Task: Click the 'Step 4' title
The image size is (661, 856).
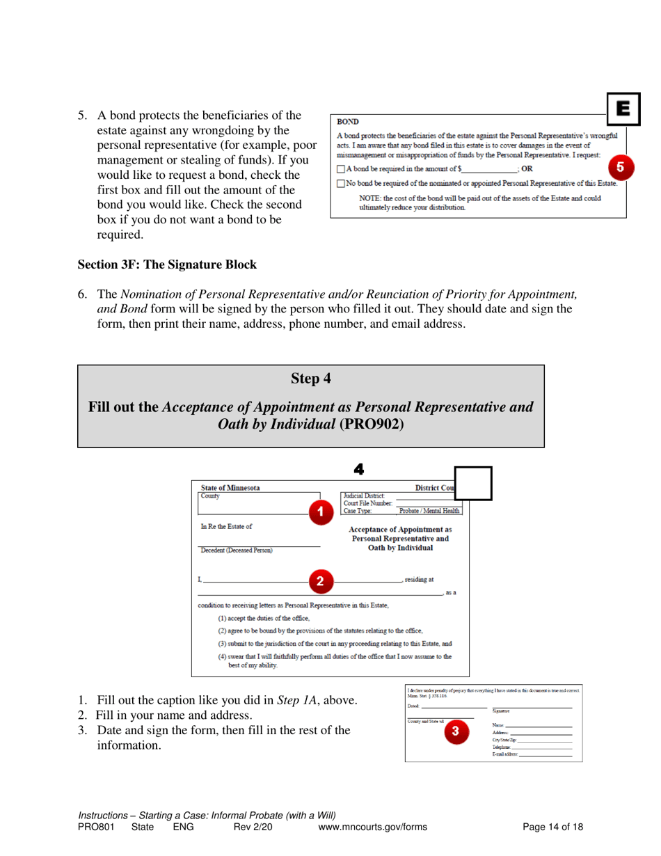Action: click(x=310, y=379)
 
